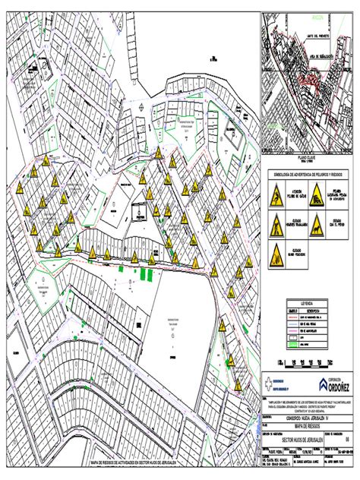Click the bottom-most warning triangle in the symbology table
275,251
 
